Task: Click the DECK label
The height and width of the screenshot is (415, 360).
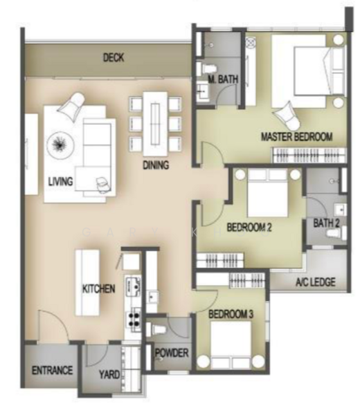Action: click(x=114, y=58)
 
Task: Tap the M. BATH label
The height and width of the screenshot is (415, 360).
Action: click(x=223, y=81)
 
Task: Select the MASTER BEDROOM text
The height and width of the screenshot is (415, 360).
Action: click(x=296, y=136)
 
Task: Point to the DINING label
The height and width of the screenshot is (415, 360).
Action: click(x=156, y=165)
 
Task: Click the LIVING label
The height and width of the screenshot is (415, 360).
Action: click(x=61, y=182)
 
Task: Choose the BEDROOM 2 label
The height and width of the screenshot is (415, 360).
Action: click(x=249, y=228)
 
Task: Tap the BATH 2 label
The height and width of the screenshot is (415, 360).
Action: click(x=326, y=223)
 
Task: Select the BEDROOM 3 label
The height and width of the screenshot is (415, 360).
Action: click(x=231, y=315)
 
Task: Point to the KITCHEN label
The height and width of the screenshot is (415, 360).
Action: click(x=99, y=289)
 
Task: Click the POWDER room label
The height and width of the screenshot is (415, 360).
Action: click(x=172, y=353)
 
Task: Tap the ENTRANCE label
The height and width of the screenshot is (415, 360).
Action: click(x=53, y=370)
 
